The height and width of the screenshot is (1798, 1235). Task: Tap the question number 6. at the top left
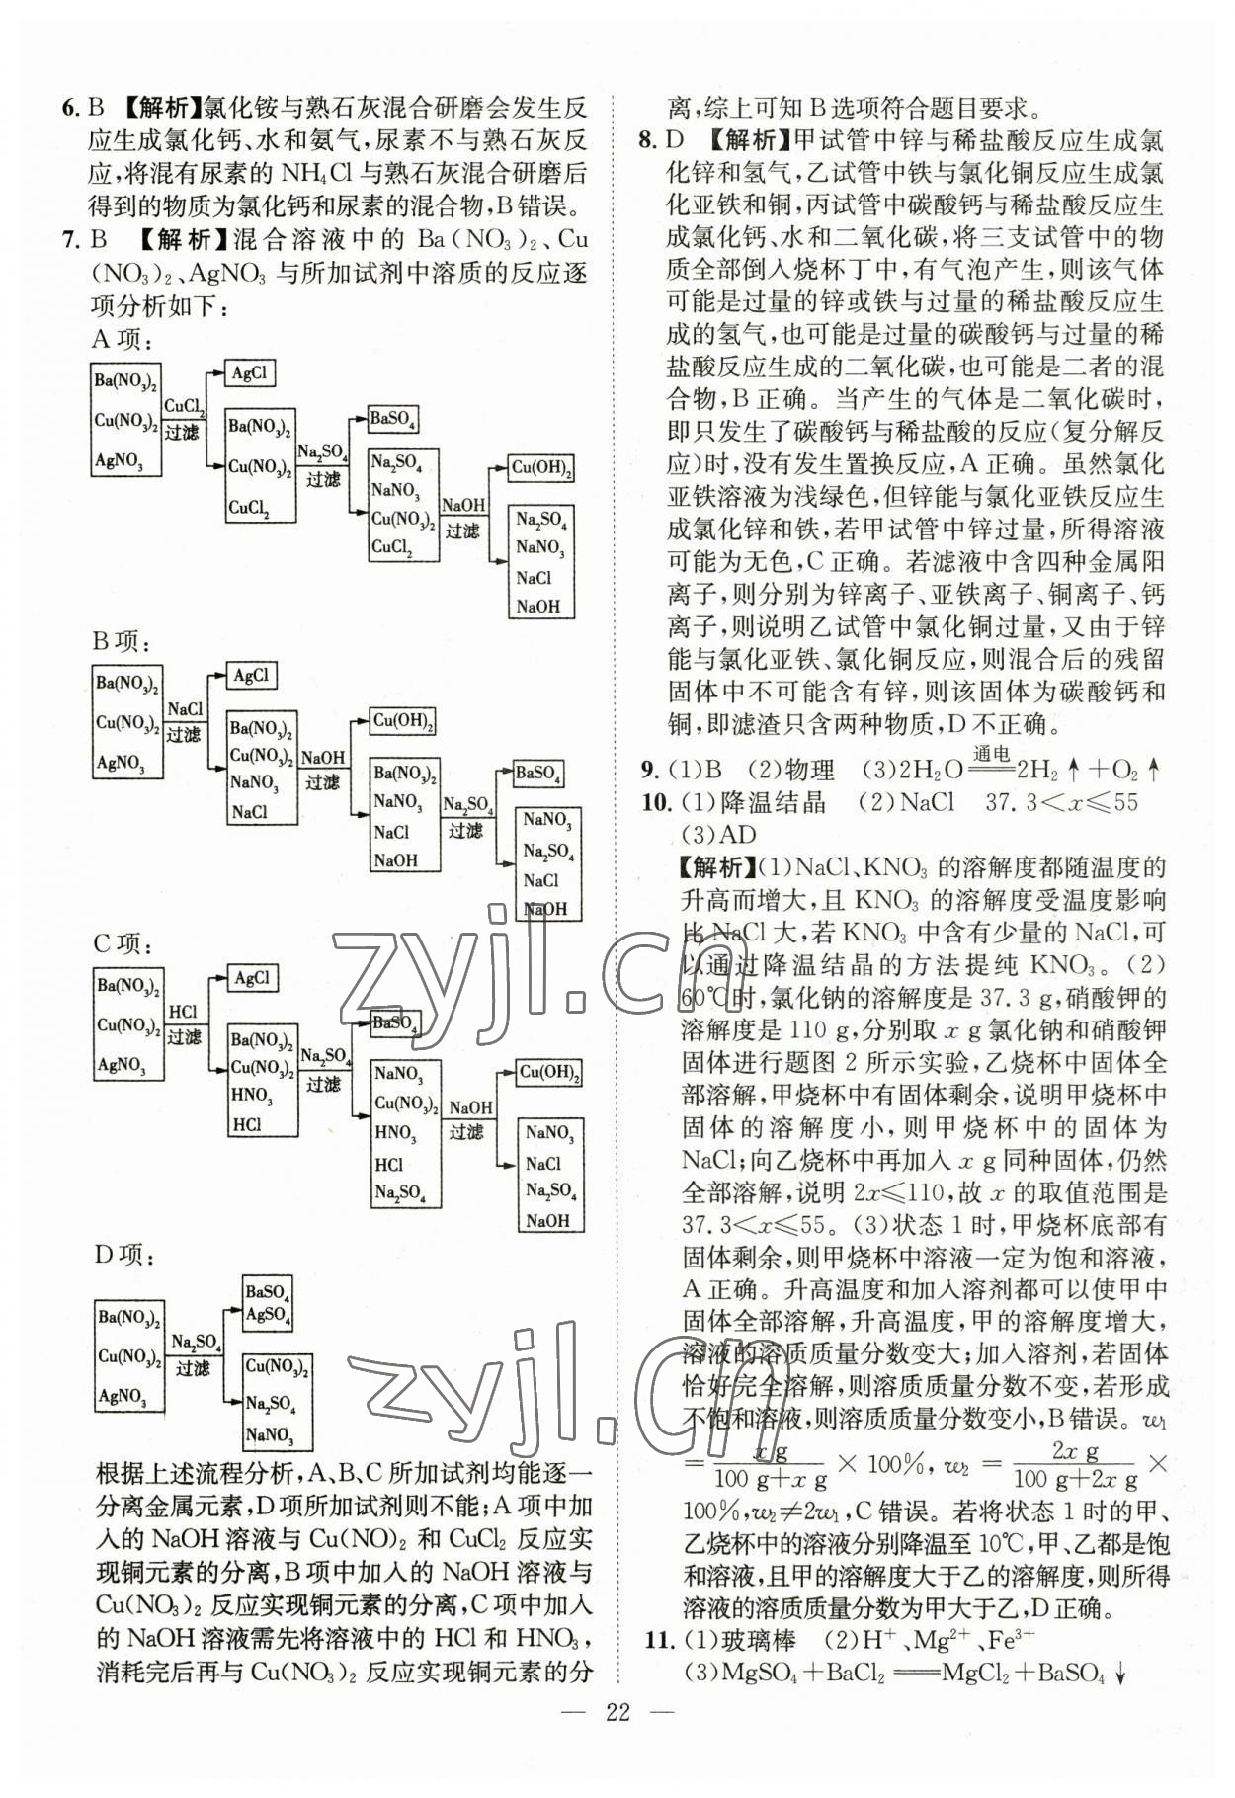pyautogui.click(x=70, y=108)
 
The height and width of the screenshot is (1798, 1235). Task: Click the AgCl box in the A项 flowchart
pyautogui.click(x=249, y=373)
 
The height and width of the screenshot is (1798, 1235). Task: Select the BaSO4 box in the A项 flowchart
pyautogui.click(x=392, y=420)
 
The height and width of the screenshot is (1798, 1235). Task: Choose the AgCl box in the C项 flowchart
pyautogui.click(x=252, y=979)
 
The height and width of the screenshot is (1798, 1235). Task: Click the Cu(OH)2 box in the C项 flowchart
pyautogui.click(x=549, y=1073)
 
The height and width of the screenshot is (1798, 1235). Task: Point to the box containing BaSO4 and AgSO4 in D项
pyautogui.click(x=267, y=1303)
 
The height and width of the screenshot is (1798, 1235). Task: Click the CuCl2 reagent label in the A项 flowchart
pyautogui.click(x=184, y=406)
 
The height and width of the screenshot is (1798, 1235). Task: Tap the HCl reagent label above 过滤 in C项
pyautogui.click(x=183, y=1013)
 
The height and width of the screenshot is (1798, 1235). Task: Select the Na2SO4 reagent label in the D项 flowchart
pyautogui.click(x=195, y=1342)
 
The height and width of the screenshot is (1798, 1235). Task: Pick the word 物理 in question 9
pyautogui.click(x=808, y=772)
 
